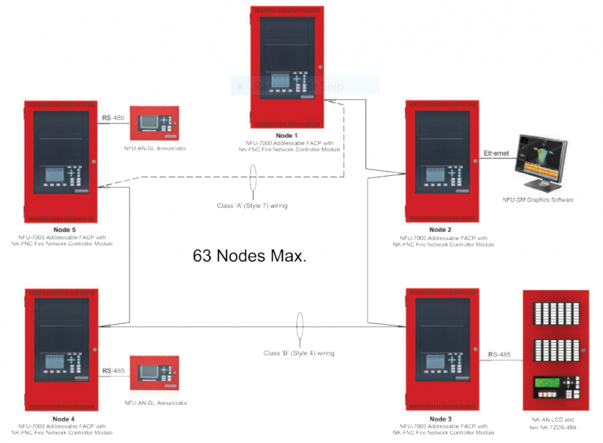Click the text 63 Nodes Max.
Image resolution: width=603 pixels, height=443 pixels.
click(x=250, y=256)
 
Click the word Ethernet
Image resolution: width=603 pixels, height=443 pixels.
click(x=496, y=153)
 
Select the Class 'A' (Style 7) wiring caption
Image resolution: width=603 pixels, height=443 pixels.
click(x=252, y=206)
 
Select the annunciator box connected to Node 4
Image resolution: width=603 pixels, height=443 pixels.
click(x=154, y=373)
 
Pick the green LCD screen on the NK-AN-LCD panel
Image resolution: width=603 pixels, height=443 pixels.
click(x=547, y=388)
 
